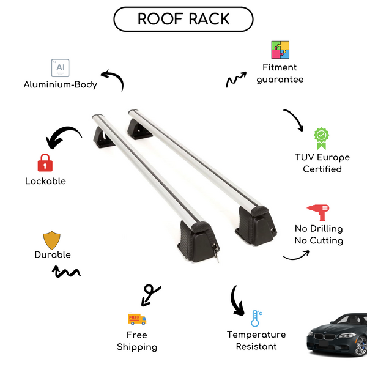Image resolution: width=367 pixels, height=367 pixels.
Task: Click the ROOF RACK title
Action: tap(183, 19)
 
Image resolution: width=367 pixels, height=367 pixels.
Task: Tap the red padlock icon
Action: tap(44, 163)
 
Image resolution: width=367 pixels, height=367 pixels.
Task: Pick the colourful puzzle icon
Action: tap(280, 50)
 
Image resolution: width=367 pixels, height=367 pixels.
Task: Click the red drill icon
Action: tap(319, 211)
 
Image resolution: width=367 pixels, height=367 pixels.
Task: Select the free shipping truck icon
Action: tap(136, 319)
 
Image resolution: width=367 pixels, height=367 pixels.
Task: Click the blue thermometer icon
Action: tap(256, 318)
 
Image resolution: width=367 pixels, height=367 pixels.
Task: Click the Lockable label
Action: tap(45, 181)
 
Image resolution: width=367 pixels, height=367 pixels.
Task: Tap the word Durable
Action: tap(53, 254)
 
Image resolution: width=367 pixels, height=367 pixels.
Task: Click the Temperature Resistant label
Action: tap(256, 341)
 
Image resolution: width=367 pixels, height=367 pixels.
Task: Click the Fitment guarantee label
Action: tap(280, 73)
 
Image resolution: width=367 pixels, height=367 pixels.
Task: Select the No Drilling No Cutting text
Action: tap(318, 234)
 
